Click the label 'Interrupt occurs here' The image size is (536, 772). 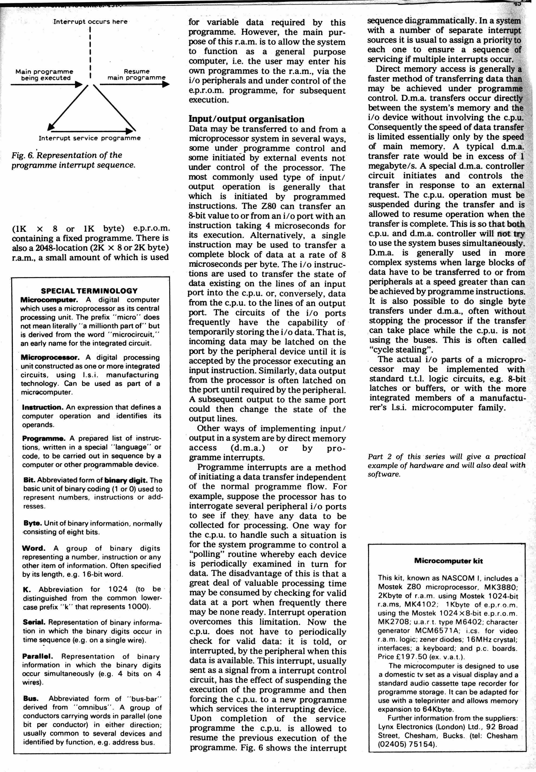[x=90, y=22]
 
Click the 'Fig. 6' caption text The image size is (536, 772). [x=73, y=160]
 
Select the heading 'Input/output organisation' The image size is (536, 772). [x=246, y=119]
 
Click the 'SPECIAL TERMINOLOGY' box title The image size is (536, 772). [x=89, y=291]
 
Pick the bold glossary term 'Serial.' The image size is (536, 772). [x=34, y=622]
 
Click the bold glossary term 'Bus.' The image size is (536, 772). [x=31, y=698]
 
